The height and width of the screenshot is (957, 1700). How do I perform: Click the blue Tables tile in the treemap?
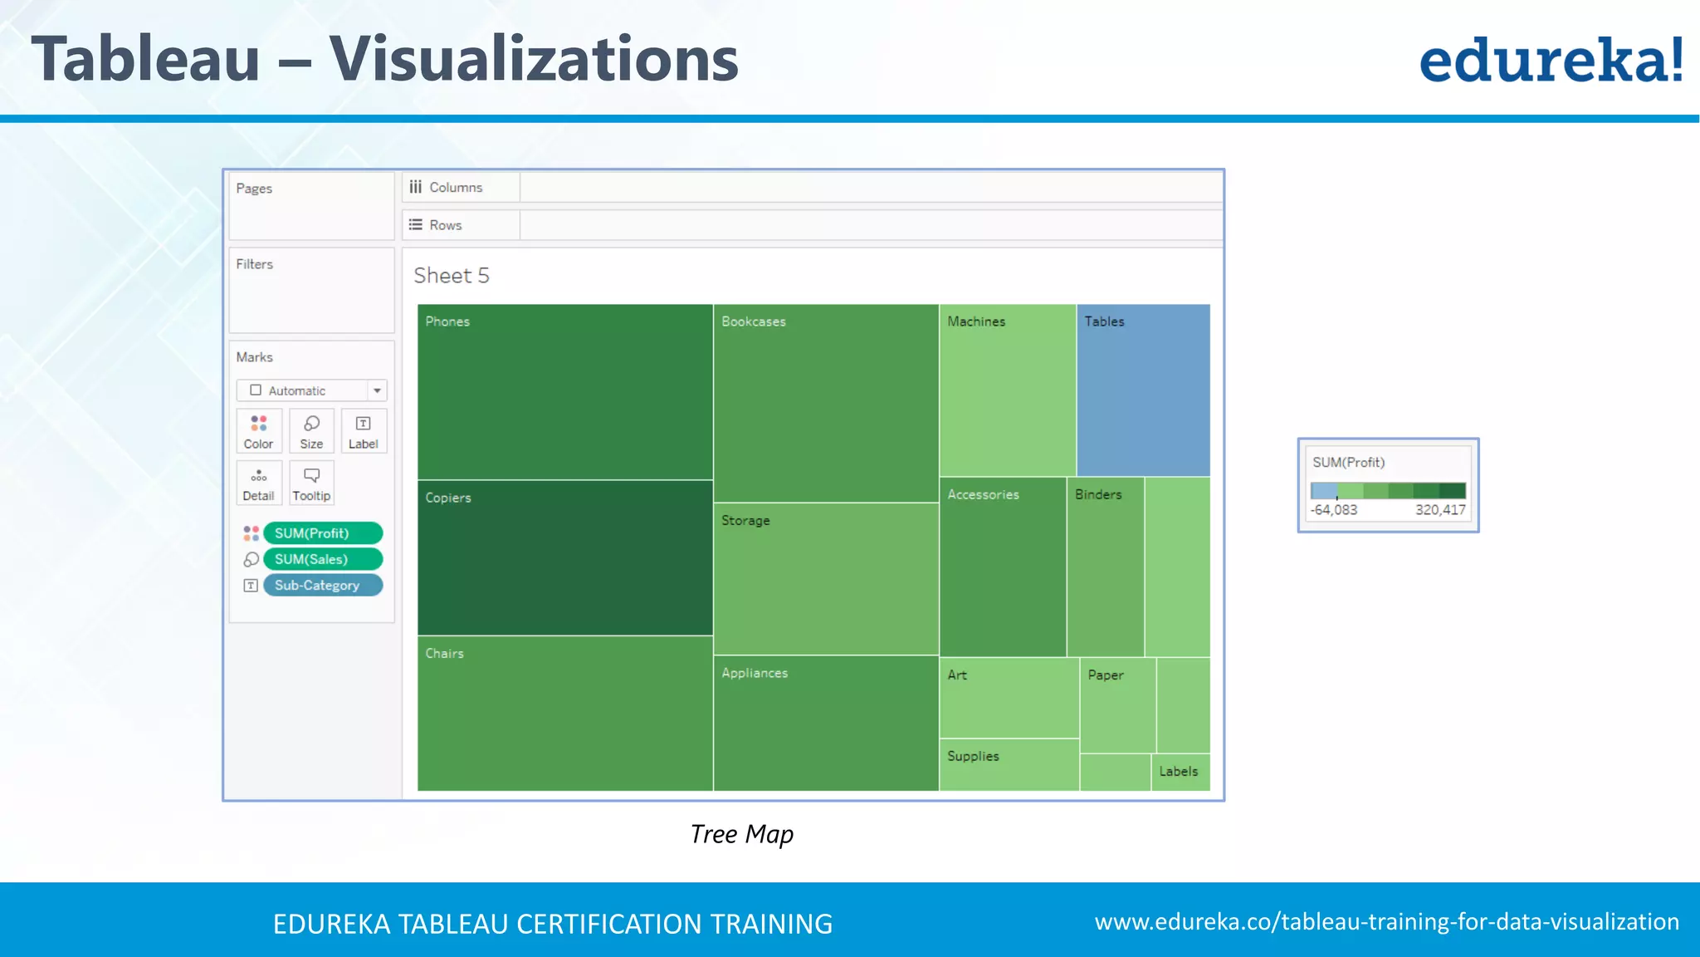pyautogui.click(x=1143, y=390)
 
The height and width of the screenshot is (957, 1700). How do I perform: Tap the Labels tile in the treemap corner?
pyautogui.click(x=1180, y=772)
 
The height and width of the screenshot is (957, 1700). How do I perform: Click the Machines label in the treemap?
pyautogui.click(x=976, y=321)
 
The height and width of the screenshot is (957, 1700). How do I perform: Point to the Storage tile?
pyautogui.click(x=826, y=579)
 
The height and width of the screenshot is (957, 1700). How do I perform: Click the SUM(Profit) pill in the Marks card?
pyautogui.click(x=322, y=533)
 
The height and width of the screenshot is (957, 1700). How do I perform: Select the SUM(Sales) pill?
pyautogui.click(x=322, y=559)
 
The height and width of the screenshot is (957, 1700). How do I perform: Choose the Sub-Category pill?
pyautogui.click(x=322, y=586)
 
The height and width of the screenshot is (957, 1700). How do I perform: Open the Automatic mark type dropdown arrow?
pyautogui.click(x=377, y=390)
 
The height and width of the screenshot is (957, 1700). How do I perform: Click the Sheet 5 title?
pyautogui.click(x=452, y=276)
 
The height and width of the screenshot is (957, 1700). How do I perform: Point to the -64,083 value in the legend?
pyautogui.click(x=1334, y=510)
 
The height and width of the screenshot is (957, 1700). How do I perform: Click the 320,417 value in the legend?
pyautogui.click(x=1440, y=510)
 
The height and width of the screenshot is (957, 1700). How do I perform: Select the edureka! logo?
pyautogui.click(x=1551, y=60)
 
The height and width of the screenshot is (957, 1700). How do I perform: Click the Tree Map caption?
pyautogui.click(x=741, y=834)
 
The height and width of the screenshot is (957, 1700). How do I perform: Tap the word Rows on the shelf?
pyautogui.click(x=445, y=225)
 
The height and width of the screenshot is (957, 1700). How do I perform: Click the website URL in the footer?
pyautogui.click(x=1386, y=922)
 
